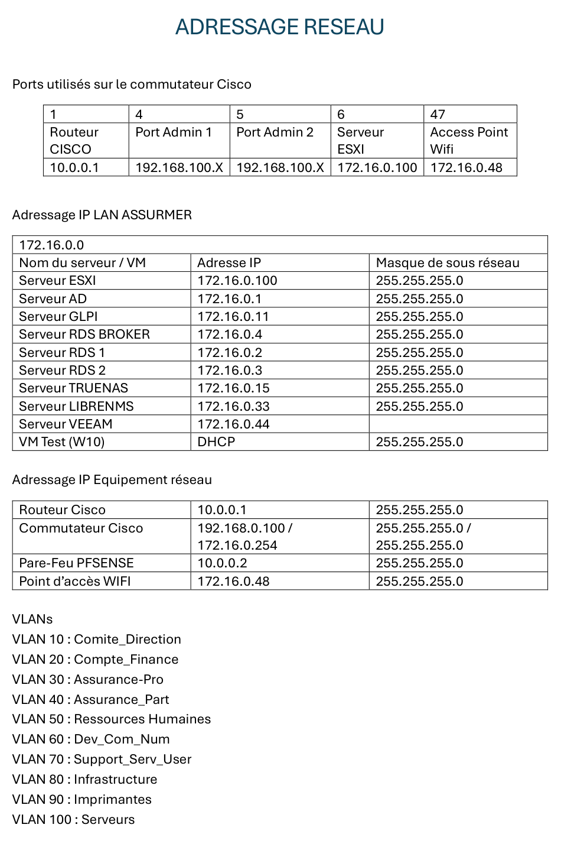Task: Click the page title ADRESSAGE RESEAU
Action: click(x=280, y=27)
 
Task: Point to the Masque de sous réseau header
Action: click(x=448, y=263)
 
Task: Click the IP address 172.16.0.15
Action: click(x=233, y=388)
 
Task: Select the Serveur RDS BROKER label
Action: click(x=84, y=335)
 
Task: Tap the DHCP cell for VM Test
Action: click(x=216, y=442)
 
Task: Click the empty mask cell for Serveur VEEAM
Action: click(x=458, y=424)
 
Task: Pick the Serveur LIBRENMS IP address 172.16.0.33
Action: click(x=233, y=407)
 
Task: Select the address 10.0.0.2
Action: click(x=222, y=563)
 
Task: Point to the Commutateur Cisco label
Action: click(x=81, y=528)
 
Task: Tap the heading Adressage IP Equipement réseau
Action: click(x=112, y=480)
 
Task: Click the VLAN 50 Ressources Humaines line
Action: click(x=112, y=719)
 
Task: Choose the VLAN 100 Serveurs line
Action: click(x=73, y=820)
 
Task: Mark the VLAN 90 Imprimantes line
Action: click(x=82, y=800)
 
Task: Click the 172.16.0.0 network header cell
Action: click(x=51, y=245)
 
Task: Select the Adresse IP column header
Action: click(x=229, y=263)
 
